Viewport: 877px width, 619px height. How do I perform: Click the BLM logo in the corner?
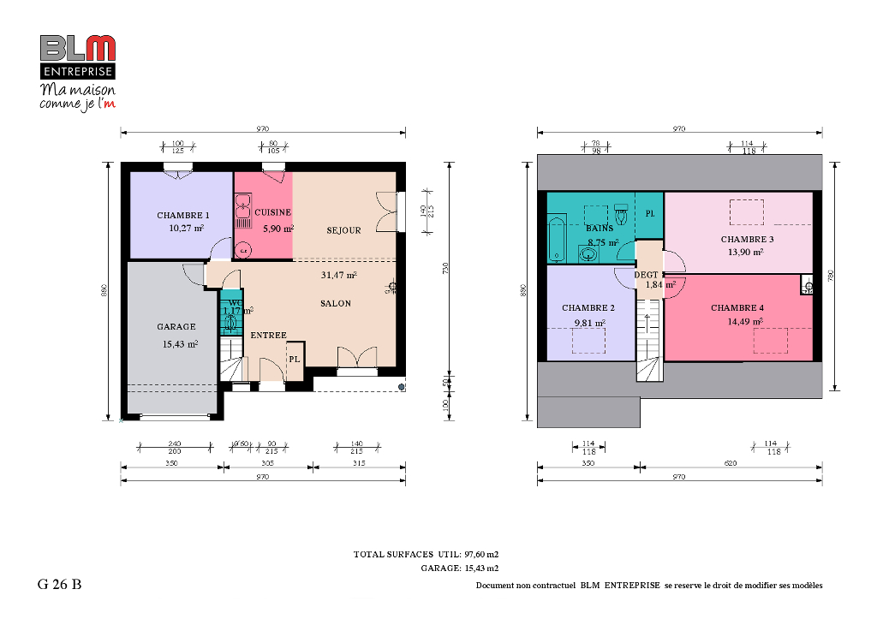(77, 48)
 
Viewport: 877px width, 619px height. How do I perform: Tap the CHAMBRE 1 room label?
(183, 215)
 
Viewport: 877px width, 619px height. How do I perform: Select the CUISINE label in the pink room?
(272, 212)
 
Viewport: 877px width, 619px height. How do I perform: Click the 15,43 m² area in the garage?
(180, 343)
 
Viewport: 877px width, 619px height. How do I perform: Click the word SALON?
(335, 303)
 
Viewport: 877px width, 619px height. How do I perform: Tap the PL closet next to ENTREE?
(294, 360)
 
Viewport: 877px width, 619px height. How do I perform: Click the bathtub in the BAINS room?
(557, 239)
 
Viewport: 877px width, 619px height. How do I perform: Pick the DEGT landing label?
(646, 275)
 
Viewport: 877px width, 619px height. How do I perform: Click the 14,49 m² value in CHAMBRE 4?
(737, 321)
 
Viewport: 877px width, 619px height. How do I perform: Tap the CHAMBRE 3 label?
(747, 240)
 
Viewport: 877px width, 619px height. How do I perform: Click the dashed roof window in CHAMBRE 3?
(746, 211)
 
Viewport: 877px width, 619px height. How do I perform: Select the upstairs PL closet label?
(649, 213)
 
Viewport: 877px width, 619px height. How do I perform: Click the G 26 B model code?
(59, 586)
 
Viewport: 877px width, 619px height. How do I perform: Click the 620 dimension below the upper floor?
(731, 462)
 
